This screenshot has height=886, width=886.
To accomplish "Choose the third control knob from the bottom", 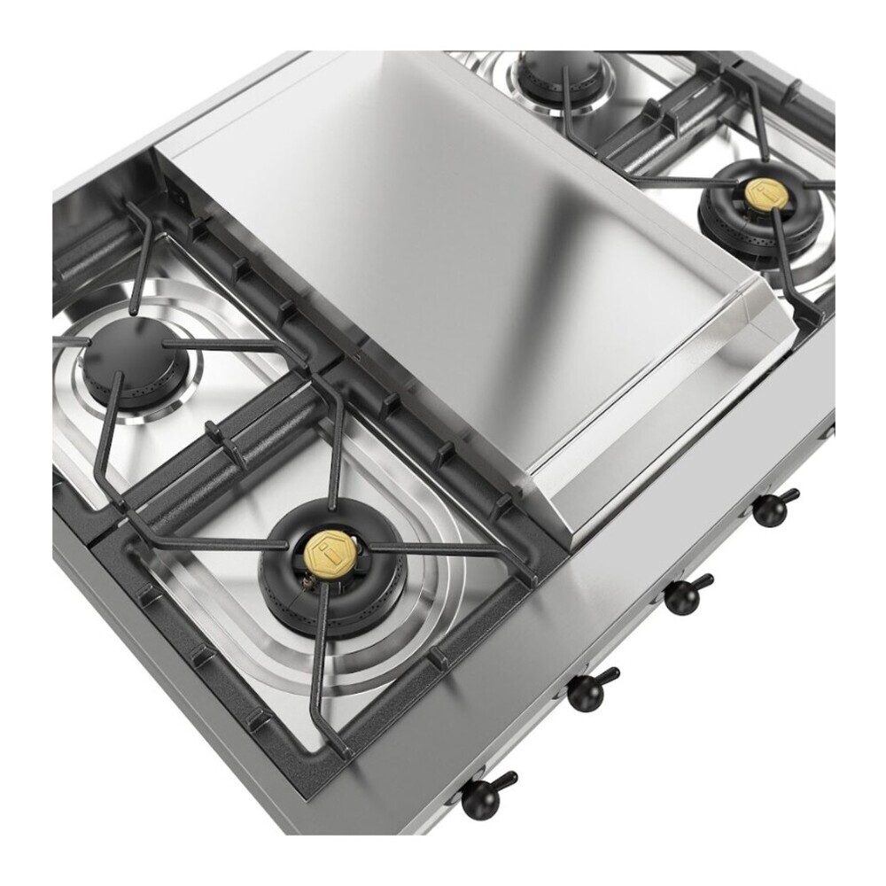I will pyautogui.click(x=688, y=593).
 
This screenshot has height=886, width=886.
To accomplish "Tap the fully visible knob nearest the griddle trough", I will pyautogui.click(x=771, y=507).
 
